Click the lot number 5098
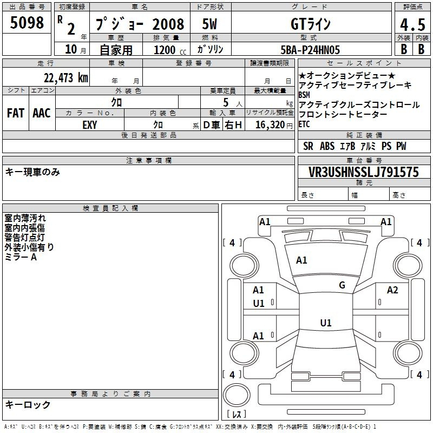[x=27, y=23]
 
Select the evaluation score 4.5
[x=412, y=24]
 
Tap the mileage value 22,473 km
[x=66, y=78]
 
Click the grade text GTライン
[x=310, y=24]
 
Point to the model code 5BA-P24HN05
[x=310, y=50]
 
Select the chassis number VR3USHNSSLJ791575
[x=364, y=172]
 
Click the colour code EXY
[x=90, y=125]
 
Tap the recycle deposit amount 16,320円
[x=274, y=125]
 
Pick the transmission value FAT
[x=16, y=113]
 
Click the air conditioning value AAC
[x=42, y=113]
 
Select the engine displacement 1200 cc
[x=170, y=50]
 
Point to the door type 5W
[x=209, y=24]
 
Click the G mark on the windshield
[x=342, y=285]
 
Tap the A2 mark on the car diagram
[x=392, y=290]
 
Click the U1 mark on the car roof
[x=326, y=323]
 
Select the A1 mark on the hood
[x=301, y=260]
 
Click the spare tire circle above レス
[x=237, y=395]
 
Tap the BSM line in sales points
[x=304, y=95]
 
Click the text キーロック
[x=28, y=404]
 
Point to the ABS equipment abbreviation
[x=327, y=146]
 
